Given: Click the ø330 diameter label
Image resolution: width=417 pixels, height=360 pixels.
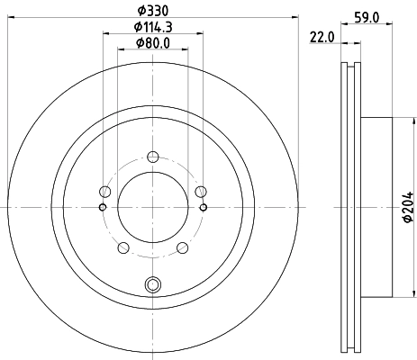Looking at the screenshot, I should [152, 10].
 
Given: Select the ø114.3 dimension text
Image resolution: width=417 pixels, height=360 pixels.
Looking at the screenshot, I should [152, 27].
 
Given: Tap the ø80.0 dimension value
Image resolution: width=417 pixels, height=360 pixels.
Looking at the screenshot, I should [152, 43].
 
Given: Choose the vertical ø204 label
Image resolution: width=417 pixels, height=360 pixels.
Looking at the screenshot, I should [406, 208].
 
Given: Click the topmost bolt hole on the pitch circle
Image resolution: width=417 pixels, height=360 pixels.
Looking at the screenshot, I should [152, 153].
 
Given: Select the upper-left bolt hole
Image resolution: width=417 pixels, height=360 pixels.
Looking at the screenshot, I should [105, 193].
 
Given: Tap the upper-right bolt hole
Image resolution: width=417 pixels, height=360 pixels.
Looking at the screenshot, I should [200, 191].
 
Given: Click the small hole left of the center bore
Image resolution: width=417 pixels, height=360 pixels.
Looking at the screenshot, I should [102, 208].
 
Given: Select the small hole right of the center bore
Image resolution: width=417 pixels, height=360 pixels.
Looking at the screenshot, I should [203, 208].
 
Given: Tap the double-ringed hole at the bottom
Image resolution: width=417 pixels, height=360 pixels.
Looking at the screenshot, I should [152, 286].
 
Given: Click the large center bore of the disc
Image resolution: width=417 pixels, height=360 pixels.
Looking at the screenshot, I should [152, 207].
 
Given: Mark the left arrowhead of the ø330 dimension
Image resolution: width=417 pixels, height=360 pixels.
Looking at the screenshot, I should [11, 18].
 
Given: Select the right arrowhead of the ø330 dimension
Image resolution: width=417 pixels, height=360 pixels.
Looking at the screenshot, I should [294, 18].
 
